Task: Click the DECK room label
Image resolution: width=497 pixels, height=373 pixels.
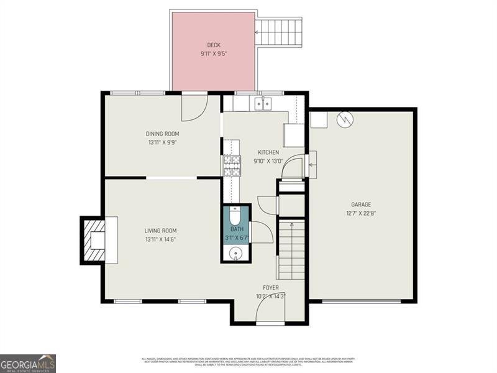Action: coord(214,45)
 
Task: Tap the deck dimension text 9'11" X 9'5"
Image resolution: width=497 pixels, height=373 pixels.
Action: coord(214,54)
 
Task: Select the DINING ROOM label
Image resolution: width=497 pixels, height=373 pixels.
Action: coord(162,134)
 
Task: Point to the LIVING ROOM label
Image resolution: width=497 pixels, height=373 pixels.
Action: coord(161,231)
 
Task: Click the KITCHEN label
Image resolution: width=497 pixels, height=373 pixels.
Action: coord(268,152)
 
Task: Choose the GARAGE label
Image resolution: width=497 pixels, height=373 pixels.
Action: coord(361,205)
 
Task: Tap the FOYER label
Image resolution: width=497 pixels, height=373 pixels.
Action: coord(270,287)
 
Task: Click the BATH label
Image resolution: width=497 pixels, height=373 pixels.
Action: coord(237,229)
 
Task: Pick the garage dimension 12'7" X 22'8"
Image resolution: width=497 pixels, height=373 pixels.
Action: coord(361,213)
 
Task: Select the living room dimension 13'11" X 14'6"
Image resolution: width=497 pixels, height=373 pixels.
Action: coord(161,239)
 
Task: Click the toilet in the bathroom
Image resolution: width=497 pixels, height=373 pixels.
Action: coord(235,216)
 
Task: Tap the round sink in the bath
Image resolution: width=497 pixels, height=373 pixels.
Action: coord(236,253)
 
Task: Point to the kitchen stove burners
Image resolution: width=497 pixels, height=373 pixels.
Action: coord(232,164)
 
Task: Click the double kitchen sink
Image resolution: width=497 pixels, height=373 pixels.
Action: coord(263,103)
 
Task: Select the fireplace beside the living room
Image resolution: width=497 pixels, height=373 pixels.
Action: coord(95,240)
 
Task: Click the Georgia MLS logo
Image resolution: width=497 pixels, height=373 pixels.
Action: coord(28,363)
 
